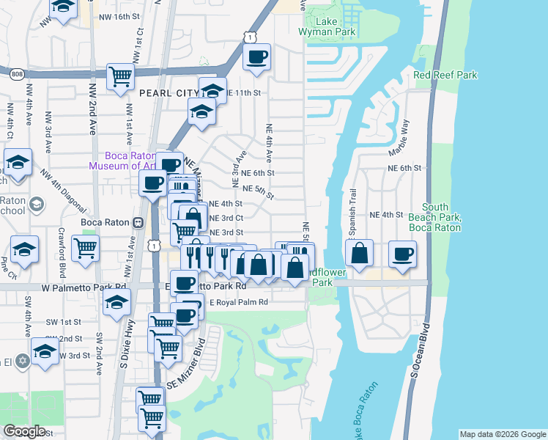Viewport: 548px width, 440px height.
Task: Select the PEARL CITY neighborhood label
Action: [161, 93]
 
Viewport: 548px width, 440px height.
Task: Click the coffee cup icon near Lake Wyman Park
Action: [256, 57]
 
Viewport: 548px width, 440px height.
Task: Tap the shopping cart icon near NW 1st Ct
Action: [120, 76]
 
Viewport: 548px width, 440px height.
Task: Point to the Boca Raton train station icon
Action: [137, 221]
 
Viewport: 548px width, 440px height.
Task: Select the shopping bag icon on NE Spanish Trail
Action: [359, 254]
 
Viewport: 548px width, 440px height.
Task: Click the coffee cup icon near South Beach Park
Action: [402, 254]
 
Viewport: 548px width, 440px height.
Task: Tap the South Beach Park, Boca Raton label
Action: [436, 217]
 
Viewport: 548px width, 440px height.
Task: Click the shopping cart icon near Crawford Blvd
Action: [86, 250]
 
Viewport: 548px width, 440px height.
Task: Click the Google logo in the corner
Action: [25, 431]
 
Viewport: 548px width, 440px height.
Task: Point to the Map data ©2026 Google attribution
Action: [502, 434]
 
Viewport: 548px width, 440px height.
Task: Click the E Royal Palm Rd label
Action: [239, 302]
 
